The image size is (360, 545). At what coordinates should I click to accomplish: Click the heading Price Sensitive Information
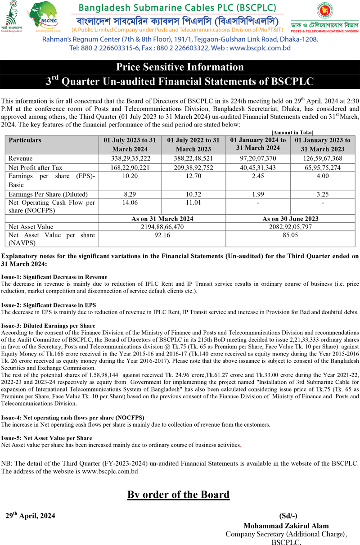click(x=180, y=67)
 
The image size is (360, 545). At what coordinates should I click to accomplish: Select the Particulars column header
click(x=25, y=140)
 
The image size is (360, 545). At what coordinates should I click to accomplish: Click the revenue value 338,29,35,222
click(x=130, y=158)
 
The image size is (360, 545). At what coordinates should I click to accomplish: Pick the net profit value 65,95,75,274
click(x=322, y=167)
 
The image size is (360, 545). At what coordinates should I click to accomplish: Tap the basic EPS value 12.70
click(x=193, y=176)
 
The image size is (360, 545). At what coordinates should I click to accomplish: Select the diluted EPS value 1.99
click(x=258, y=194)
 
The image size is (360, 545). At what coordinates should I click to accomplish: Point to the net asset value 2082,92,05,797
click(x=290, y=227)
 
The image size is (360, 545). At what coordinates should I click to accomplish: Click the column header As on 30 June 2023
click(x=290, y=219)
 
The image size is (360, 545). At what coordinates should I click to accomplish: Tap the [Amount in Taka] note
click(x=292, y=132)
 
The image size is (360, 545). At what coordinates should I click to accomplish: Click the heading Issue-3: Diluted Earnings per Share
click(x=48, y=325)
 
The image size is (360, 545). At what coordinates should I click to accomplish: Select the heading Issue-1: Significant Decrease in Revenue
click(x=54, y=277)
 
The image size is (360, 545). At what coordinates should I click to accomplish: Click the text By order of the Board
click(x=178, y=495)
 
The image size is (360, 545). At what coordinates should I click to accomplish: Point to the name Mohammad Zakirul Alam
click(x=286, y=526)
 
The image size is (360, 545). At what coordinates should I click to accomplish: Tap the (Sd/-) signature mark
click(x=288, y=516)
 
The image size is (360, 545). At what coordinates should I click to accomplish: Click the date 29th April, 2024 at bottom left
click(x=31, y=516)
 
